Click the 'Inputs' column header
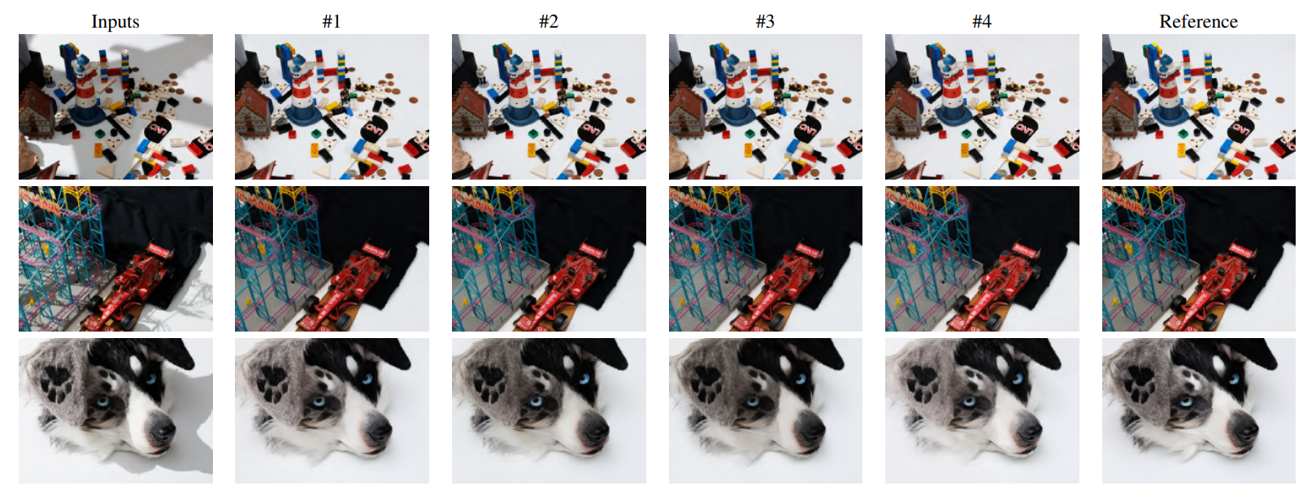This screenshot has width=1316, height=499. coord(115,22)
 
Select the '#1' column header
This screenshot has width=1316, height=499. coord(332,22)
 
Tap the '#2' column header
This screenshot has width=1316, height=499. coord(548,22)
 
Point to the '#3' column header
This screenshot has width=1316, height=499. coord(765,22)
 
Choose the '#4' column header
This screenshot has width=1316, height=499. coord(982,22)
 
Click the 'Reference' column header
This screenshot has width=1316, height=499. coord(1198,22)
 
